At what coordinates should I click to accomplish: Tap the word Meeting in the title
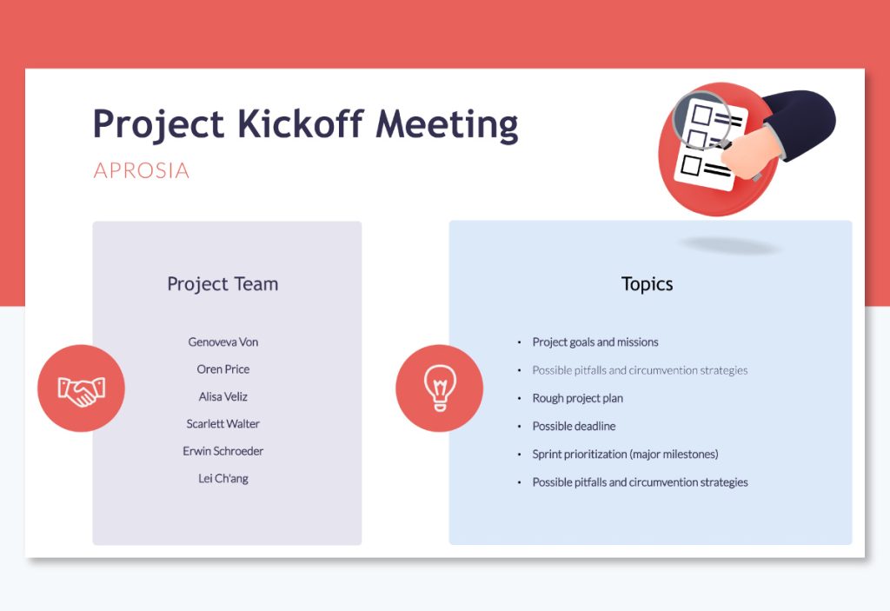coord(447,124)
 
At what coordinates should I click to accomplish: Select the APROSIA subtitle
coord(141,170)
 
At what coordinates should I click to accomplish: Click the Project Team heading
coord(222,284)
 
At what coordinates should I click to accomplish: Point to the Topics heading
coord(647,284)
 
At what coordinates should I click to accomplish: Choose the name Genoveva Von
coord(223,342)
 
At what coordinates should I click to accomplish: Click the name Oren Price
coord(223,369)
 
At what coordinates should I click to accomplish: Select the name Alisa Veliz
coord(223,396)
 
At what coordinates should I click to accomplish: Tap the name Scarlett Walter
coord(223,424)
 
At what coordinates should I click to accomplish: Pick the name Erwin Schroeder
coord(223,451)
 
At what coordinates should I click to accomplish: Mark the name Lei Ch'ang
coord(223,479)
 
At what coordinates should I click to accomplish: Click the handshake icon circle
coord(81,389)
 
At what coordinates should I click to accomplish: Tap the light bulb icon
coord(439,389)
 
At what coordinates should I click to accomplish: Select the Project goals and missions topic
coord(595,342)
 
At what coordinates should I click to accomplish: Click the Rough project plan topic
coord(577,398)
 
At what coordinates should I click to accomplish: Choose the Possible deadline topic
coord(574,426)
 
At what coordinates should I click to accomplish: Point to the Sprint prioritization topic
coord(625,454)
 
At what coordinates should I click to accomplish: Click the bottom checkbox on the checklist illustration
coord(693,164)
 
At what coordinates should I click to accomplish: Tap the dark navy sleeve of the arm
coord(804,117)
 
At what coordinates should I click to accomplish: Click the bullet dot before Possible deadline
coord(519,427)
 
